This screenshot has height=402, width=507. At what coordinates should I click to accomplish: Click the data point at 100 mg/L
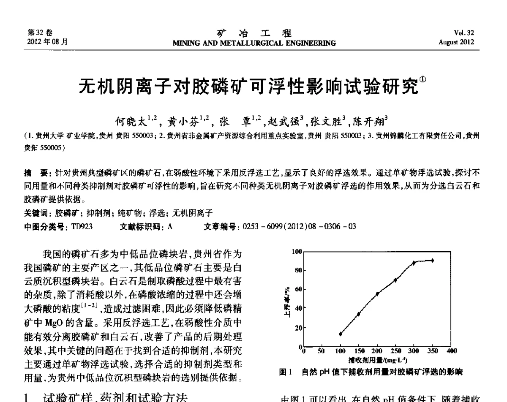tap(341, 334)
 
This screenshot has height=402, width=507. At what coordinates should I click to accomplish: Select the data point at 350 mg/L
tap(432, 260)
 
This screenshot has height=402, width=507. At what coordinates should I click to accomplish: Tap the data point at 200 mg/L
tap(377, 294)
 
